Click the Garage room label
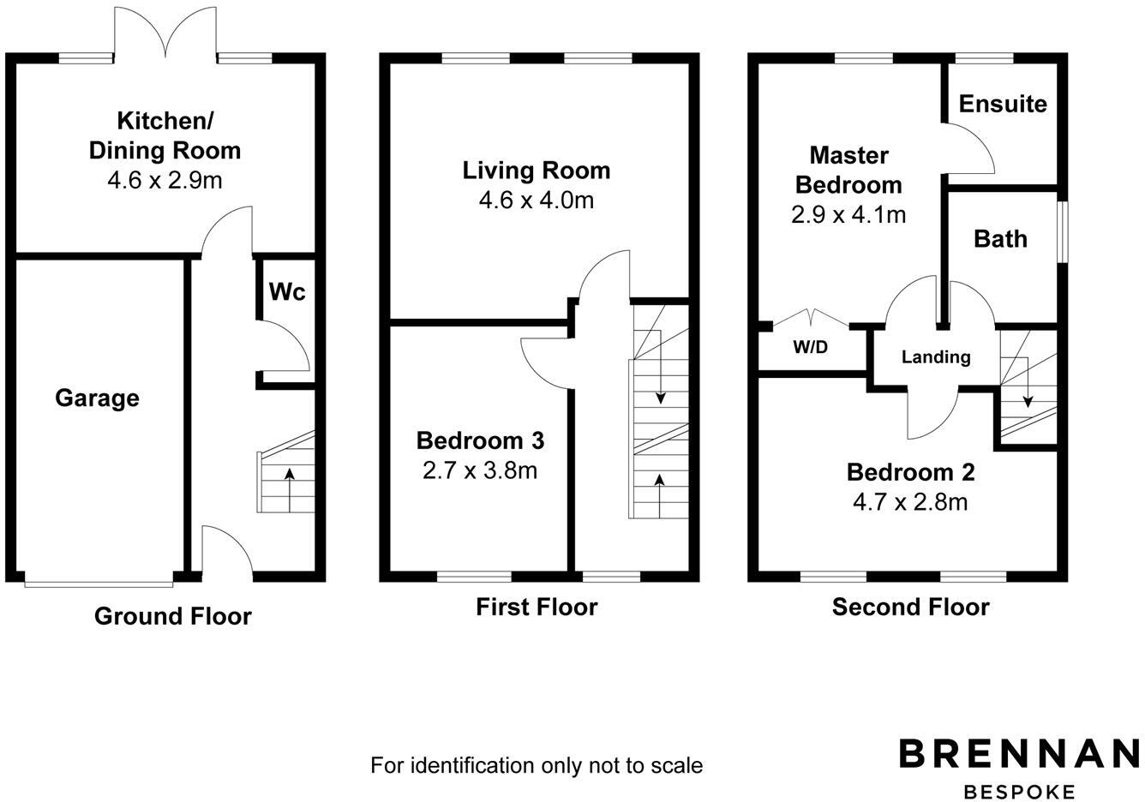coord(97,398)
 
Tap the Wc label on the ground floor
coord(287,292)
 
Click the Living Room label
coord(537,171)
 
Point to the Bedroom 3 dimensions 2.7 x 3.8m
coord(480,470)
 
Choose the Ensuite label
coord(1003,104)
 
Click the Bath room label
coord(1000,238)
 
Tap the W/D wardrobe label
coord(810,348)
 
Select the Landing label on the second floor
coord(936,357)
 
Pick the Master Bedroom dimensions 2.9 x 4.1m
coord(848,214)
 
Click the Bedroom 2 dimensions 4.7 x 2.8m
coord(910,501)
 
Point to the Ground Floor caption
coord(173,616)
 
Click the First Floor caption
coord(537,607)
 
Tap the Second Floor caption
coord(910,607)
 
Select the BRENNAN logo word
coord(1019,754)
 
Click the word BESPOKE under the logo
coord(1019,791)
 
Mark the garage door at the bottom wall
coord(99,583)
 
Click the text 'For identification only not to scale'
coord(537,765)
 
